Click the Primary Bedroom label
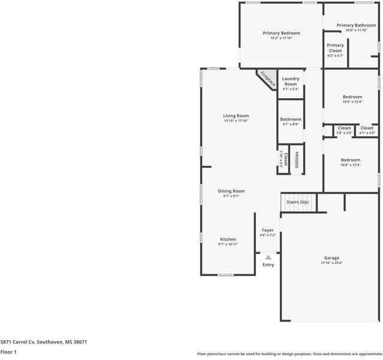281,33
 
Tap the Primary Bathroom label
356,25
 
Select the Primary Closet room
335,50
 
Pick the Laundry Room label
291,81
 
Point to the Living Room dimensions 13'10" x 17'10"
236,121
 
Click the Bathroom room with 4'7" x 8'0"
291,122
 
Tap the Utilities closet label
297,160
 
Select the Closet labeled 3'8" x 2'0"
344,130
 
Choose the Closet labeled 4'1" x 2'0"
367,130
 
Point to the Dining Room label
231,191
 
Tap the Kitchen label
228,239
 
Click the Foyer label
267,230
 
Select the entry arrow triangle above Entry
268,256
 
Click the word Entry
268,265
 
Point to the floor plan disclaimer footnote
289,353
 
